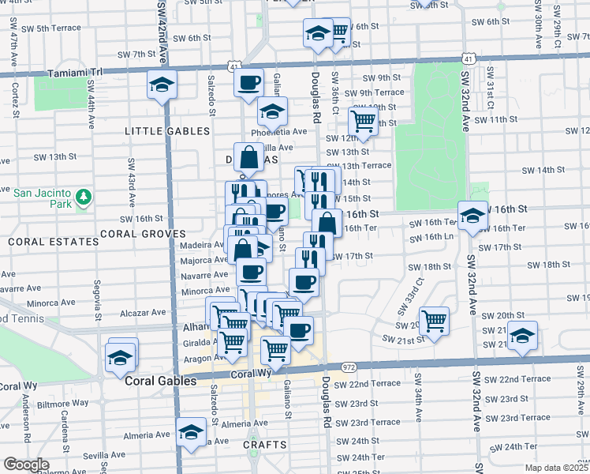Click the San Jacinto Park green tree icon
83,196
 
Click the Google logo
26,465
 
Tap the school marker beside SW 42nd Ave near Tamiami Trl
162,84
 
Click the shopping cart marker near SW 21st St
434,320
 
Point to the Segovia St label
96,293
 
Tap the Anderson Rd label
26,419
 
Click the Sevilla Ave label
81,457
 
